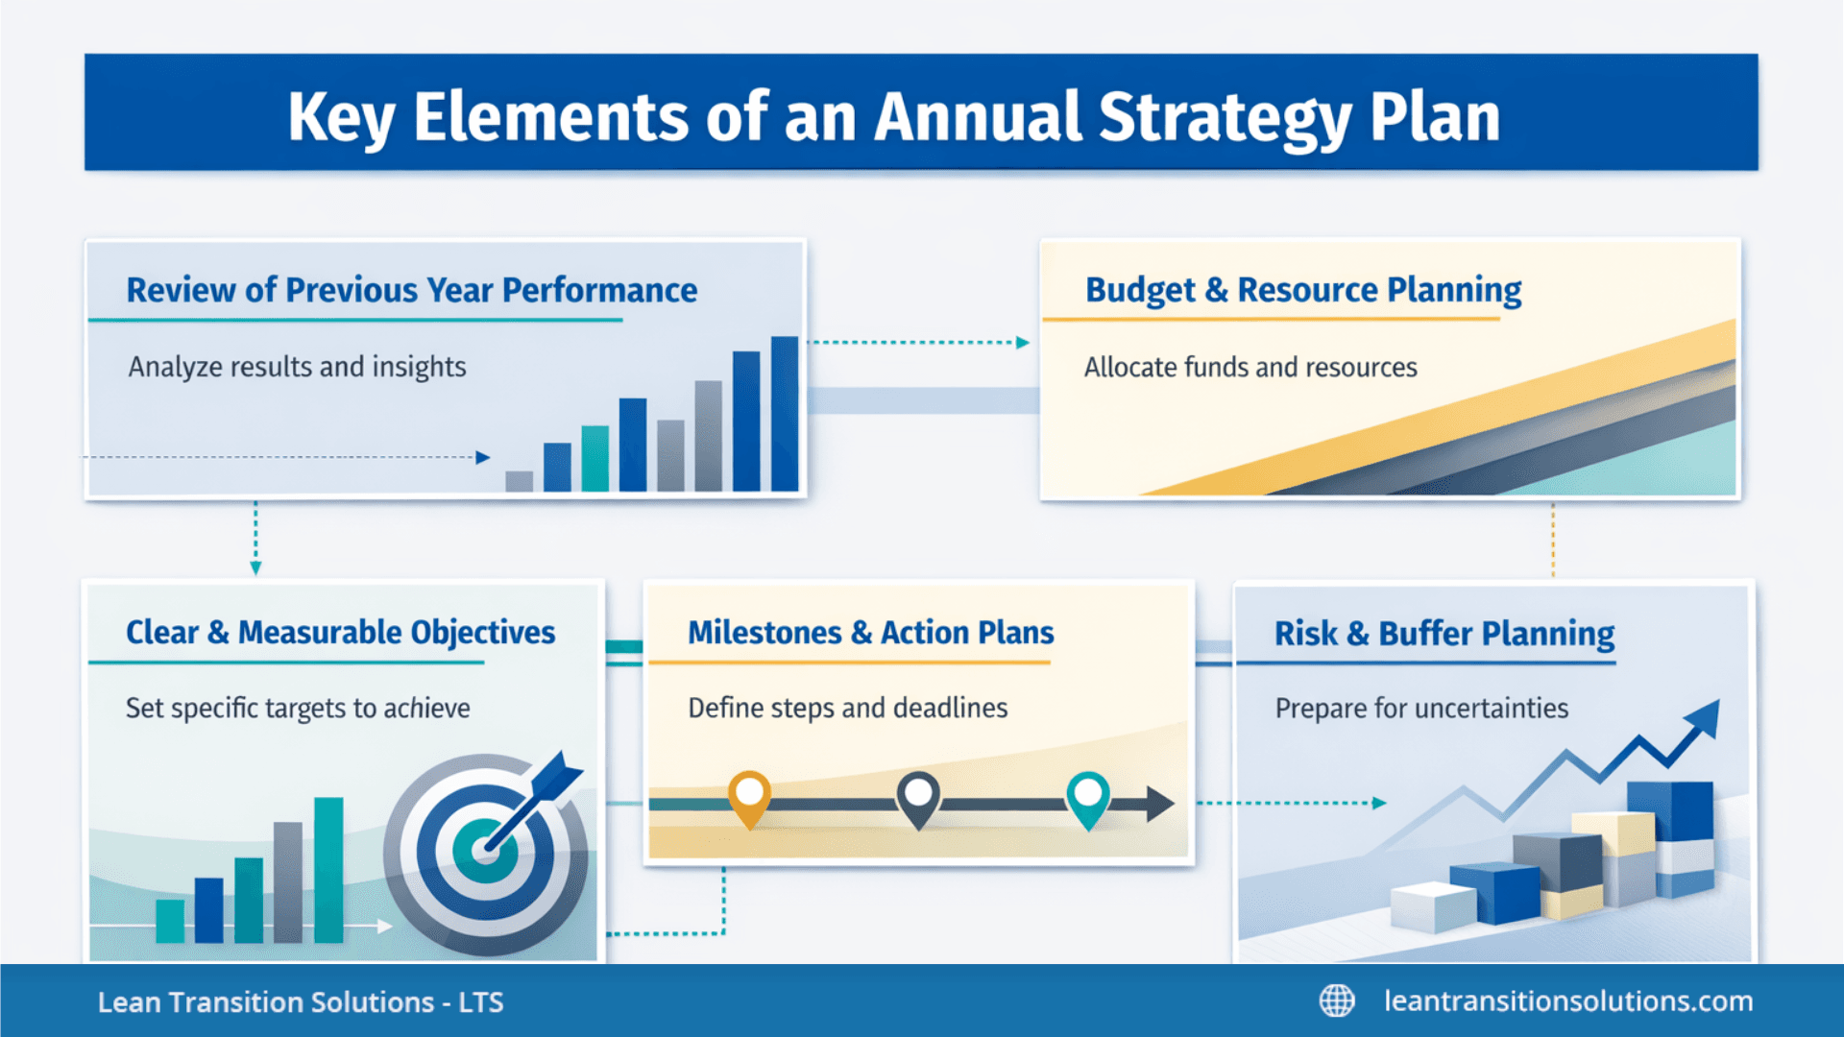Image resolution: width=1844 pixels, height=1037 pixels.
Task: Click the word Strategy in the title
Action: (1224, 117)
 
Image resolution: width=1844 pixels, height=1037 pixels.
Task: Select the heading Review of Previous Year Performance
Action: (411, 290)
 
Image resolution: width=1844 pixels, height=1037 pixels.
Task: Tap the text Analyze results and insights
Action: (297, 367)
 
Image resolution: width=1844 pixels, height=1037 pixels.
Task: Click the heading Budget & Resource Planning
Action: (1302, 290)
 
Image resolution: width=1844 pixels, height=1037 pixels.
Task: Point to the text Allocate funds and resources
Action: (1250, 368)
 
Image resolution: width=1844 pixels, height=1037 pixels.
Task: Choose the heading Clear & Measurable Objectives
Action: (340, 633)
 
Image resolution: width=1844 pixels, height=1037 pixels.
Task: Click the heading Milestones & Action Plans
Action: (870, 633)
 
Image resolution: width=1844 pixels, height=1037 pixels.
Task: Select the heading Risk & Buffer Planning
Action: (1444, 634)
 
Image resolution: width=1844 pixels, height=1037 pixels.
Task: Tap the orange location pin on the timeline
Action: (749, 796)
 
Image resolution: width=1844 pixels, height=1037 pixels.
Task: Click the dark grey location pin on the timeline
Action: (918, 796)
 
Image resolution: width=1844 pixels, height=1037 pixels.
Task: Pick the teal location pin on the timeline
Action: (1087, 796)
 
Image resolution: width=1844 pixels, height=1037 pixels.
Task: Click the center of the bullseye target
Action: (483, 851)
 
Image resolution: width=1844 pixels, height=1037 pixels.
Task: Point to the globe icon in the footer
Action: (1336, 1001)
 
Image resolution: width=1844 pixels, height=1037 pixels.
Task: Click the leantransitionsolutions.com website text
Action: (1567, 1001)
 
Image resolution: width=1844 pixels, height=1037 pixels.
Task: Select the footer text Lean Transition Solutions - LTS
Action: (300, 1002)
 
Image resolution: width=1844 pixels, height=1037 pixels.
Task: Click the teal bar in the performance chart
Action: (595, 458)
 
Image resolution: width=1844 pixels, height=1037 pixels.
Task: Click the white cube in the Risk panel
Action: (1432, 906)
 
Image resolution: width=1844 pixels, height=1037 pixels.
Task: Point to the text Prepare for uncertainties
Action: (1420, 709)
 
